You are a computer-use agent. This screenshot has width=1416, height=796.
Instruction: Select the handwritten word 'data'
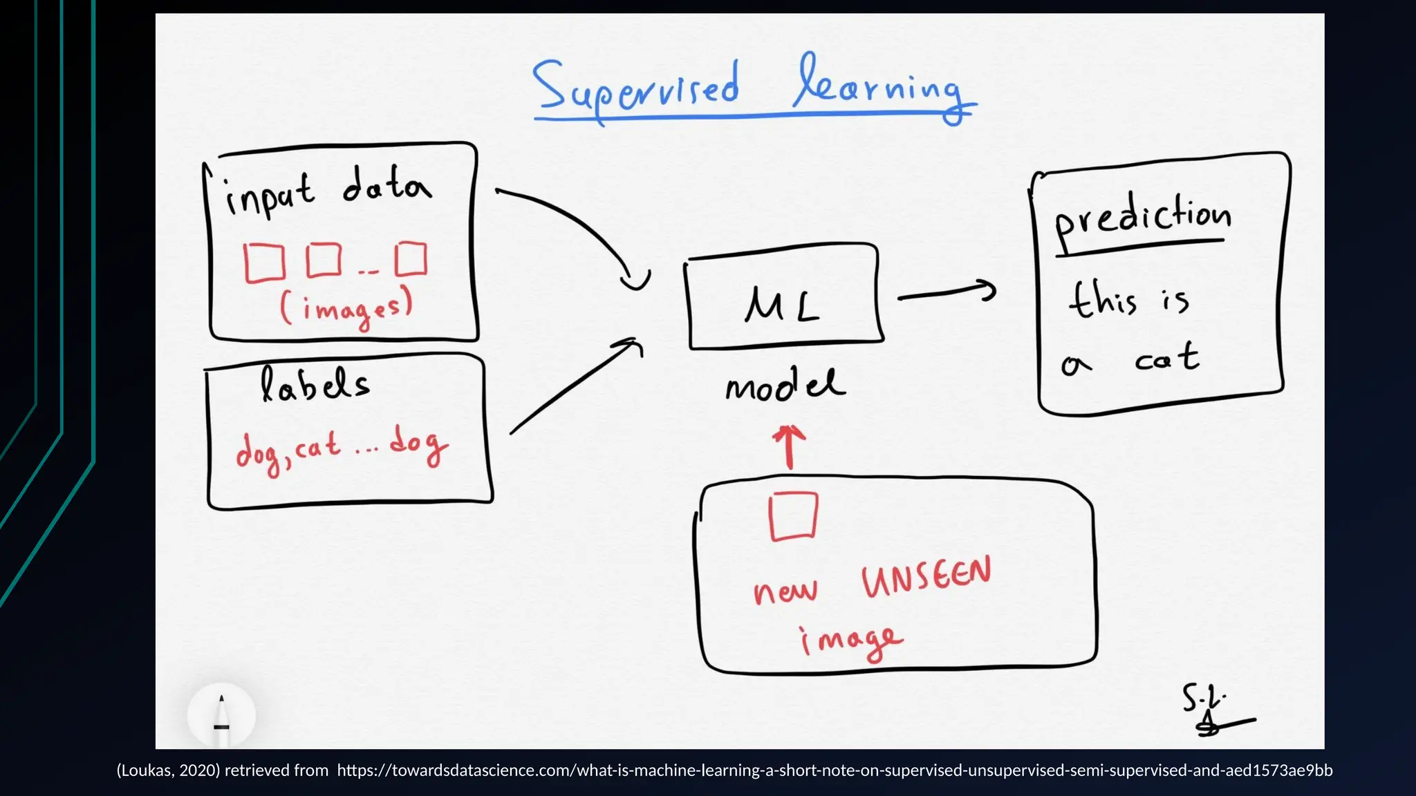(x=387, y=185)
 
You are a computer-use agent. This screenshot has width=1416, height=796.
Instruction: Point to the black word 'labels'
(x=315, y=386)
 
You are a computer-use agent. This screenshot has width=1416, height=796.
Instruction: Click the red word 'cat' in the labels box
(x=317, y=448)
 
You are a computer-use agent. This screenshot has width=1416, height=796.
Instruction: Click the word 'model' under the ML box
(x=785, y=386)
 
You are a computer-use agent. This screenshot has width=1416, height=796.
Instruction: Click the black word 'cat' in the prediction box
(x=1167, y=359)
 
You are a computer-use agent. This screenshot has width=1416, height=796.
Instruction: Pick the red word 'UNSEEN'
(x=926, y=577)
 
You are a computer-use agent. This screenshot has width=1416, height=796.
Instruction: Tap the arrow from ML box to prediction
(x=947, y=293)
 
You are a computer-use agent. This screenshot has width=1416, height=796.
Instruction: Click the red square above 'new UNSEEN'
(x=793, y=516)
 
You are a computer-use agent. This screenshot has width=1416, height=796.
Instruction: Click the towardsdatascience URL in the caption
(x=835, y=770)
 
